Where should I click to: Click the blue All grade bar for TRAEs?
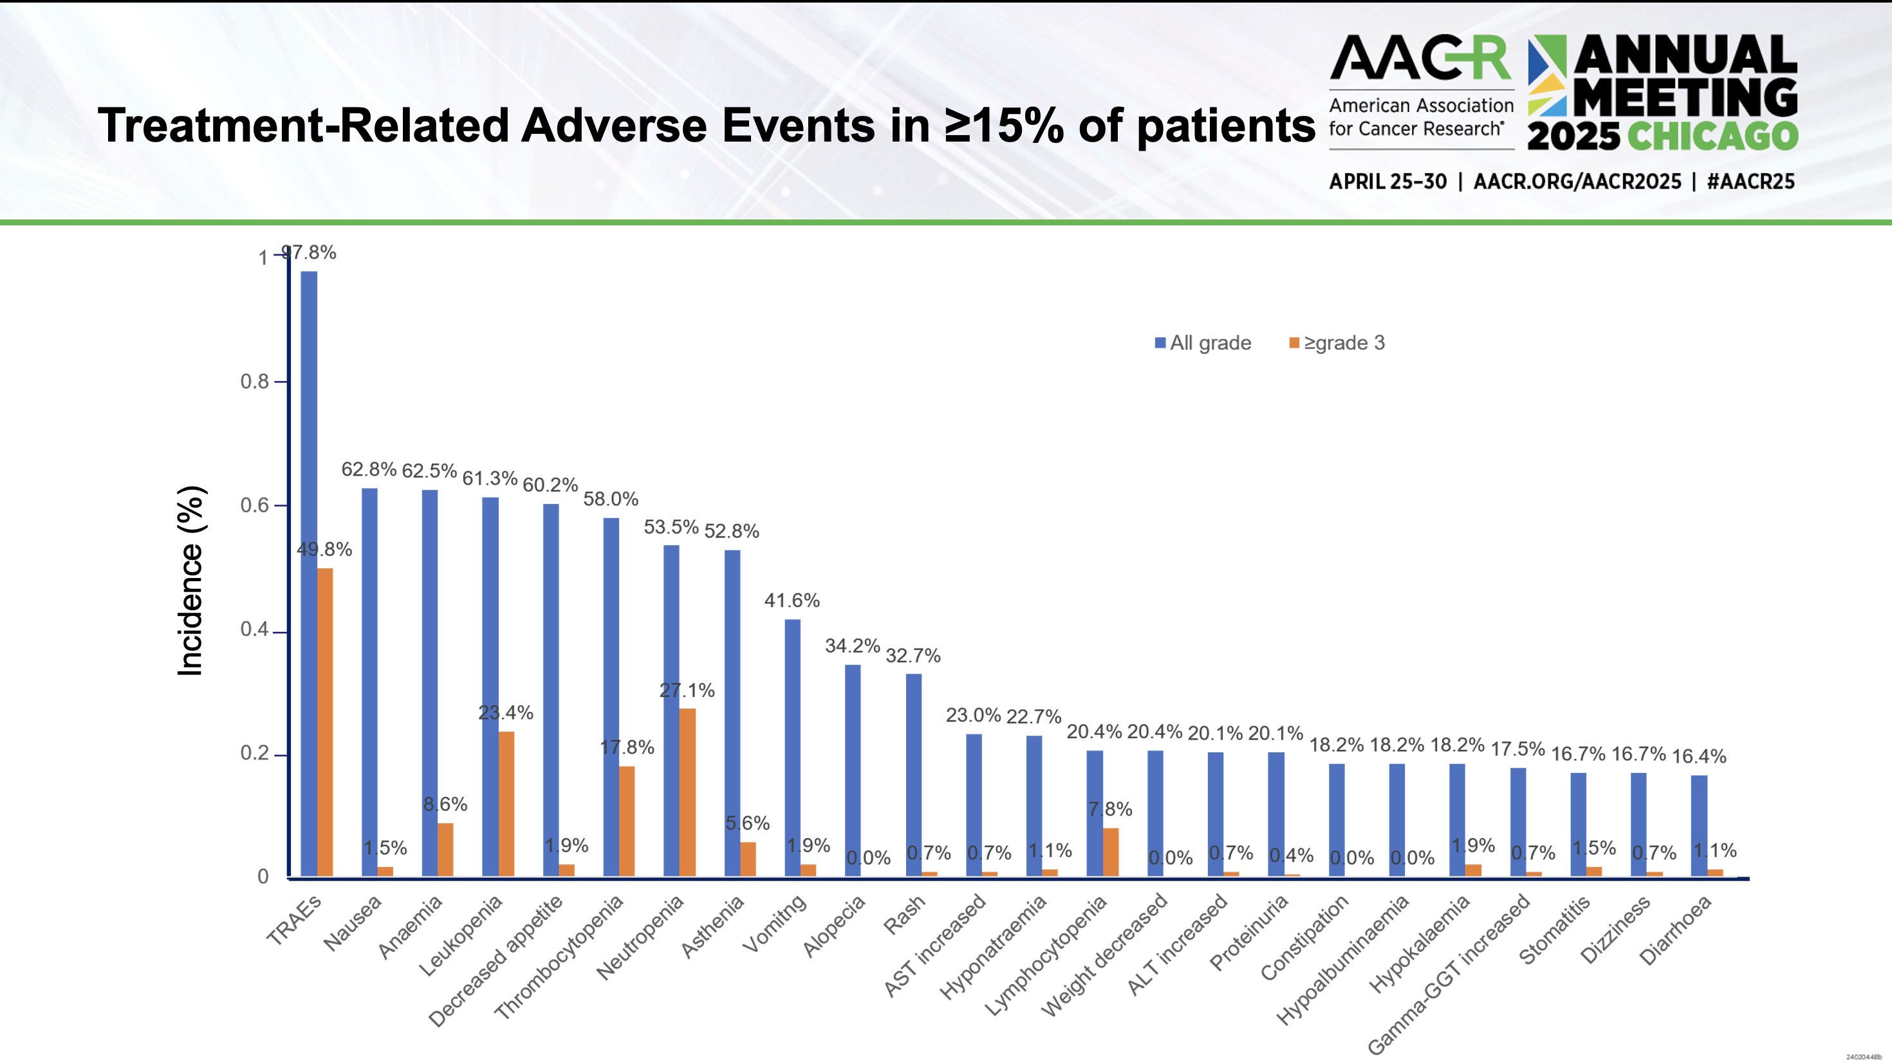[308, 573]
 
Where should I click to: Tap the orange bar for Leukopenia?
[506, 803]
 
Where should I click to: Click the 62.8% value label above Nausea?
[369, 469]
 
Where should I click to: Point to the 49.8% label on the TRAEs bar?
[324, 550]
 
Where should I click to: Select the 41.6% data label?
[792, 601]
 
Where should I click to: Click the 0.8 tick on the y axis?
[254, 381]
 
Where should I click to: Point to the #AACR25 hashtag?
[1750, 182]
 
